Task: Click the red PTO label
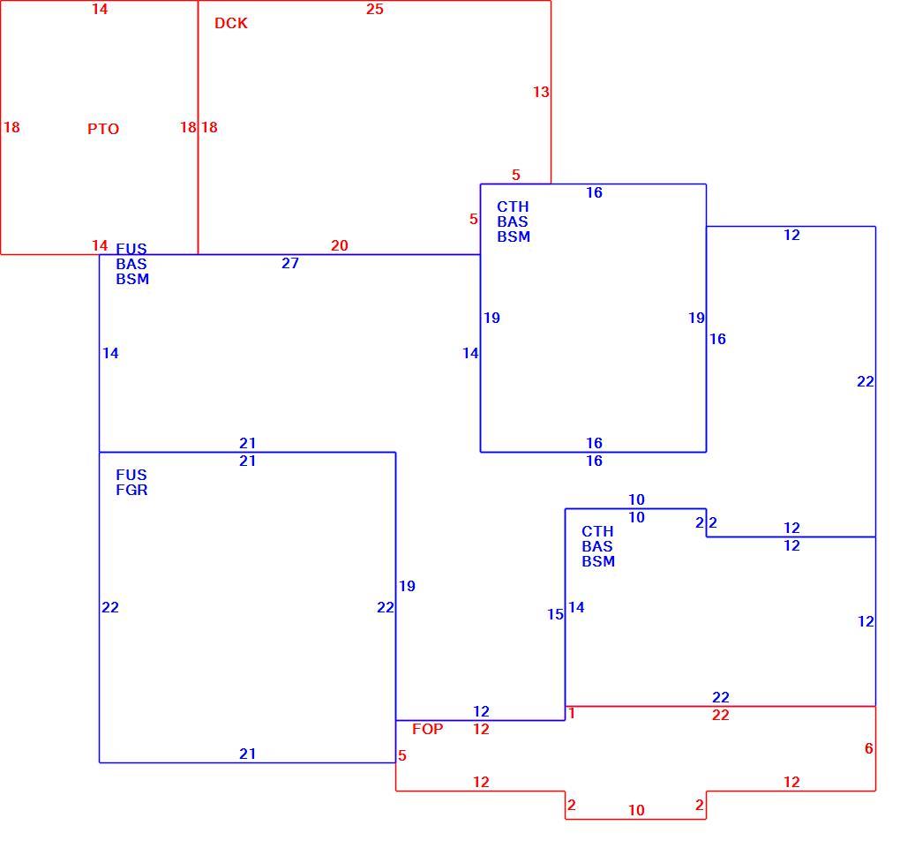click(103, 129)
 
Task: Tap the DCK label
click(231, 23)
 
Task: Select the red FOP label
click(428, 729)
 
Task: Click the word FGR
click(131, 490)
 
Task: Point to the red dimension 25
click(375, 9)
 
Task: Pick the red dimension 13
click(541, 92)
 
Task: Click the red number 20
click(339, 245)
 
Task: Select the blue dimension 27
click(290, 263)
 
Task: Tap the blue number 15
click(555, 614)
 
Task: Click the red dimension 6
click(868, 748)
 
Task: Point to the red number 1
click(571, 713)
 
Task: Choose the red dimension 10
click(636, 810)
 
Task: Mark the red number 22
click(720, 715)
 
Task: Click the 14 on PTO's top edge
click(100, 9)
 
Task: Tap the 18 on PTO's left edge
click(11, 127)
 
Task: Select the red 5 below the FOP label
click(401, 755)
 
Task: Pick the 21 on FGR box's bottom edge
click(247, 754)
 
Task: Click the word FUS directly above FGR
click(131, 475)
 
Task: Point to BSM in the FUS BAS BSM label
click(132, 279)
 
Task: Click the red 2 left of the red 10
click(571, 805)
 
